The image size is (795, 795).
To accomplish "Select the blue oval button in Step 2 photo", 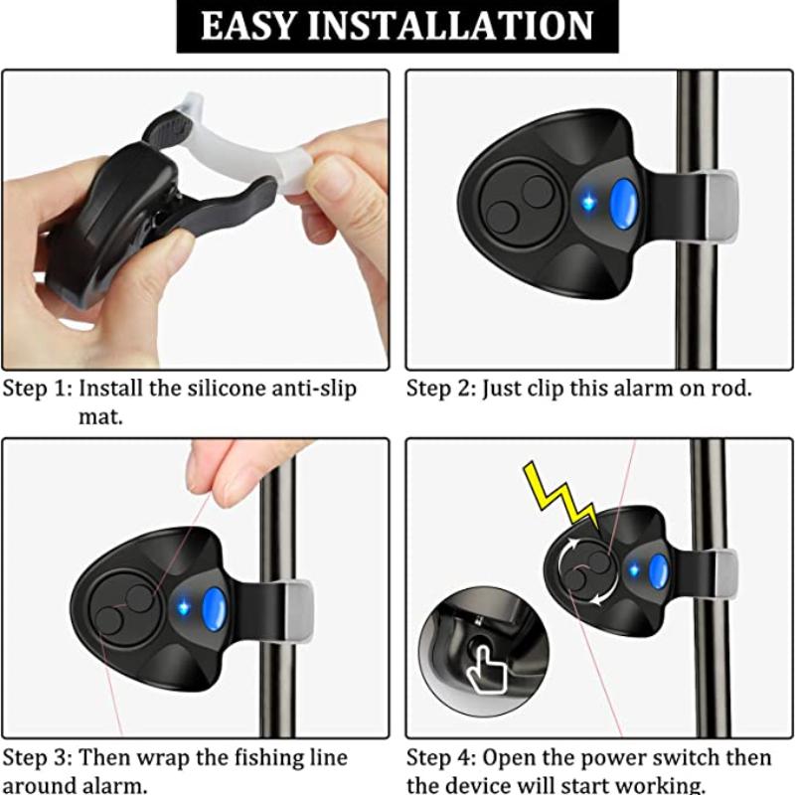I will [623, 204].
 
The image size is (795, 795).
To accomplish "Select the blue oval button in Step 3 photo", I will [215, 610].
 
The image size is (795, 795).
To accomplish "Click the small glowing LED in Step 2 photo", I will [587, 203].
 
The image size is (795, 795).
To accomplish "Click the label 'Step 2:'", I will [440, 388].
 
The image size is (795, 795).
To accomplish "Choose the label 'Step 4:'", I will [441, 758].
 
